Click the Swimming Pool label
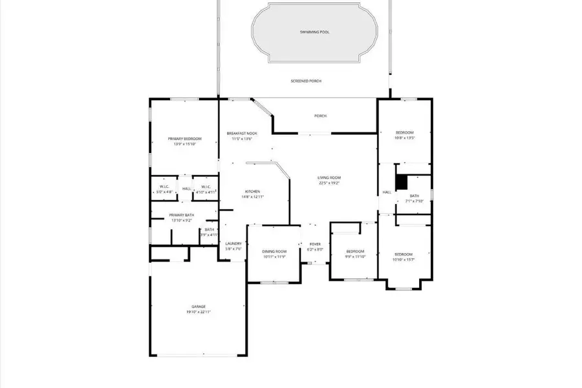click(314, 32)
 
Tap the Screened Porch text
click(306, 81)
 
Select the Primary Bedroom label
click(184, 139)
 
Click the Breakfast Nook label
click(242, 133)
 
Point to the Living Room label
click(329, 178)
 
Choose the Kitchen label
click(252, 191)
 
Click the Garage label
click(198, 307)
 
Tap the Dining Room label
click(274, 251)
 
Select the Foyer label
click(315, 244)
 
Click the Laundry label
click(233, 243)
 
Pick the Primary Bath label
click(182, 215)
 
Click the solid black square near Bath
click(402, 183)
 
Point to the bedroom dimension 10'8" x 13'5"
click(404, 138)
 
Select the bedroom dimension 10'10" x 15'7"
click(404, 260)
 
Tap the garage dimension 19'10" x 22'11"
click(198, 312)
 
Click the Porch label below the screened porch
click(320, 116)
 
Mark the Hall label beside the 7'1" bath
click(387, 192)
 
